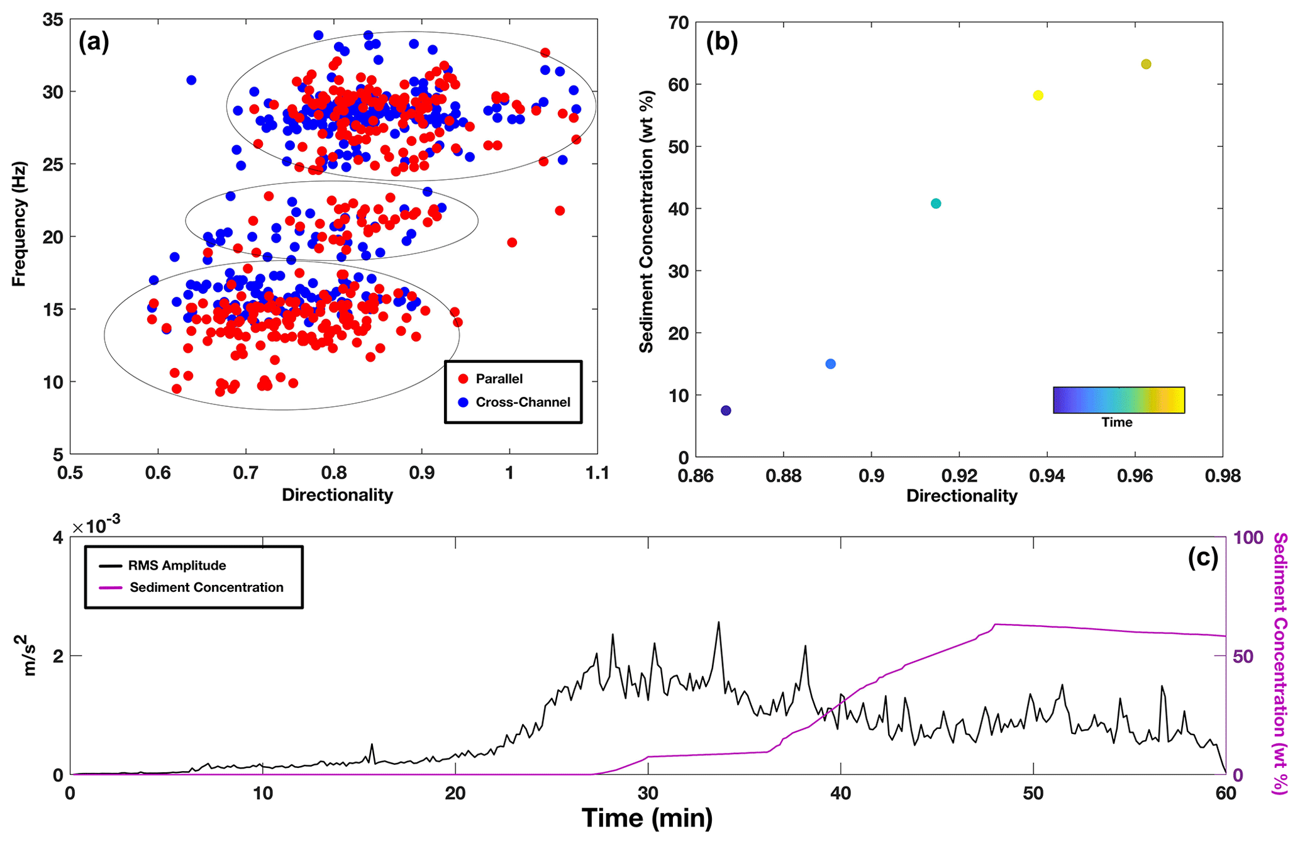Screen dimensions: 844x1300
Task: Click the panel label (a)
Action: click(x=94, y=42)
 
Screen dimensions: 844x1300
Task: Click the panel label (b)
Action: click(x=721, y=42)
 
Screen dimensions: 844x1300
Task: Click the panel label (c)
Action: click(x=1203, y=557)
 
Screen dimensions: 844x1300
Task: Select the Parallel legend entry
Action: click(x=499, y=379)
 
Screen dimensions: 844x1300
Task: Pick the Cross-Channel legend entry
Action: click(x=523, y=403)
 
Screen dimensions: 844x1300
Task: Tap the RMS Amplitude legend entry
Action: click(x=177, y=565)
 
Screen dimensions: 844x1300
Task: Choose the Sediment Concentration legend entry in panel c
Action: click(x=206, y=587)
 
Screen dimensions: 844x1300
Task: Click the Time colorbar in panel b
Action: click(x=1118, y=400)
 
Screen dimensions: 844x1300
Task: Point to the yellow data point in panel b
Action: click(x=1038, y=96)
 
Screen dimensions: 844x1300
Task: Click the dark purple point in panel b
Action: click(x=726, y=411)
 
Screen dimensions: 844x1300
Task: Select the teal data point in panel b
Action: click(x=936, y=204)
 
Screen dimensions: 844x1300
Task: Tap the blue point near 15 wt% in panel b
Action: click(x=830, y=364)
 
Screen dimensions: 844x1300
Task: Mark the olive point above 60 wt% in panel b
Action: click(x=1146, y=64)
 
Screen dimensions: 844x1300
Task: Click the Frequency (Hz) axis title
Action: click(x=19, y=224)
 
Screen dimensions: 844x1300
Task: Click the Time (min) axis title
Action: click(x=647, y=818)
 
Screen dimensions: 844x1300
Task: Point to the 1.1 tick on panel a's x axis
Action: click(x=597, y=473)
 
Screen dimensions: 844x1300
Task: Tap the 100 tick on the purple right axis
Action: click(x=1248, y=538)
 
